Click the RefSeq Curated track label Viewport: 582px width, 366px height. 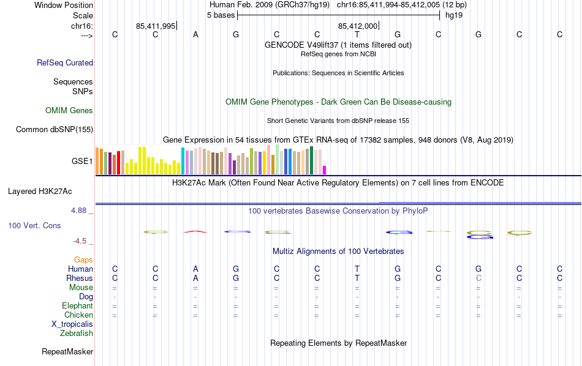(65, 62)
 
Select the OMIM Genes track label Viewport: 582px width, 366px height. (69, 111)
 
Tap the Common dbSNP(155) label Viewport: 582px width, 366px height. (55, 129)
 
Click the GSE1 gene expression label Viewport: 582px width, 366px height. (82, 162)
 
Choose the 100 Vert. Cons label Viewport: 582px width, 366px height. (34, 226)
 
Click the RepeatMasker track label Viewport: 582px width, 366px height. (67, 352)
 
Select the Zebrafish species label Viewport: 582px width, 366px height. (77, 334)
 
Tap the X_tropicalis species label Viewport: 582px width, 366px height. (72, 324)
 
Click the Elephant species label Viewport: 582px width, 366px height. (77, 306)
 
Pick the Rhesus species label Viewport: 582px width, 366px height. (79, 278)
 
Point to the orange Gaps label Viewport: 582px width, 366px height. (83, 260)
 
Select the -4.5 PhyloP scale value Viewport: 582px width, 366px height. (80, 241)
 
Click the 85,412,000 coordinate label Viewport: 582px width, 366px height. (358, 26)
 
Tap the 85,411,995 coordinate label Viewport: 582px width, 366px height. (156, 26)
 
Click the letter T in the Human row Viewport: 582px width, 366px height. (357, 269)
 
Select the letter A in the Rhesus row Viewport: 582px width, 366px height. (195, 278)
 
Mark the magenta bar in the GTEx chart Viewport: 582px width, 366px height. (325, 170)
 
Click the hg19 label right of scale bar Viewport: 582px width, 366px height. (454, 15)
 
